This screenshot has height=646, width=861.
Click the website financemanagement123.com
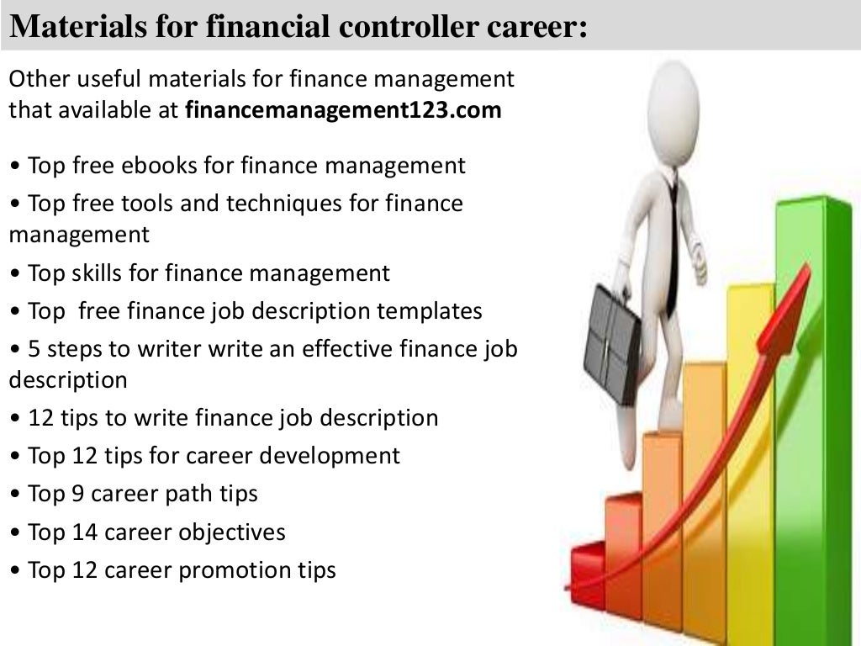point(342,110)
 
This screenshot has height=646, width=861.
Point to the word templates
point(430,311)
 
